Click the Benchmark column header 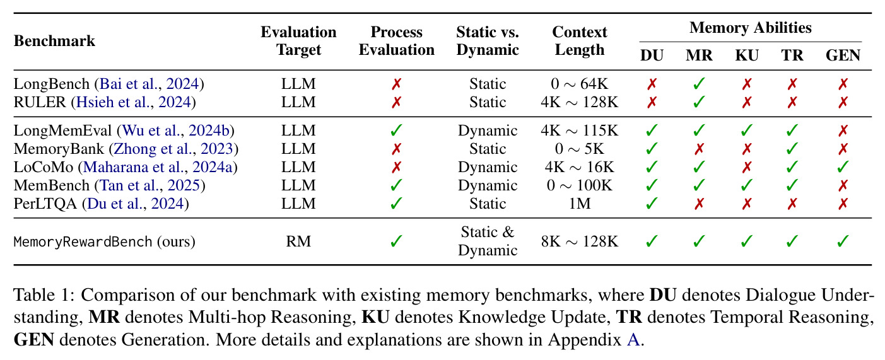[54, 41]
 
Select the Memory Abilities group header [750, 28]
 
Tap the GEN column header [843, 55]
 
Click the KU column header [746, 55]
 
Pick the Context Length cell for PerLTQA [579, 204]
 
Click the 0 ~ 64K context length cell [579, 84]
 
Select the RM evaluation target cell [298, 241]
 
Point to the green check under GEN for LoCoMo [843, 167]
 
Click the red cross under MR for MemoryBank [699, 149]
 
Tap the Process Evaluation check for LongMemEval [396, 131]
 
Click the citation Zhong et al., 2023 [173, 149]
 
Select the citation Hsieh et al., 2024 [134, 102]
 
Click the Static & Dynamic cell [487, 241]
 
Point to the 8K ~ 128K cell [579, 241]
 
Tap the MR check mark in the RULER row [699, 102]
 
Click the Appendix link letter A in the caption [633, 340]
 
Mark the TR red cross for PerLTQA [792, 204]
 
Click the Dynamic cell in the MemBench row [487, 185]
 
